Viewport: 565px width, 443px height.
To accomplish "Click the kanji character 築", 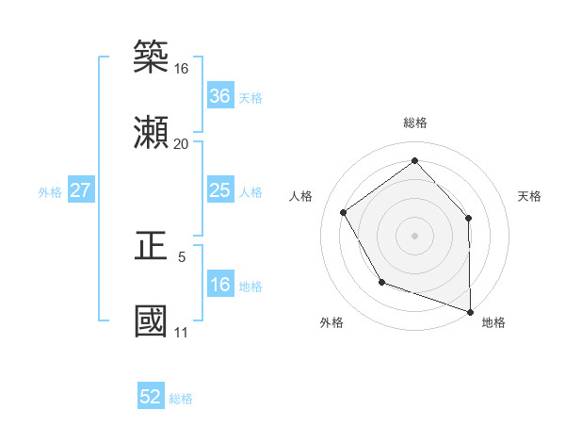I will tap(152, 56).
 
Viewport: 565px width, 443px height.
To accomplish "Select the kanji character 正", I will tap(152, 245).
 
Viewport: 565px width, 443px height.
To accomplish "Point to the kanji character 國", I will tap(152, 320).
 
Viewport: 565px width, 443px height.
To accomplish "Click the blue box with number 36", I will tap(219, 96).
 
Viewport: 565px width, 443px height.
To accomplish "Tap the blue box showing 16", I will tap(219, 286).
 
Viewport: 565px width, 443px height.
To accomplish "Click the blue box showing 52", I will tap(151, 398).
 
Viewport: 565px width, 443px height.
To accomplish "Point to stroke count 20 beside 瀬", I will tap(181, 143).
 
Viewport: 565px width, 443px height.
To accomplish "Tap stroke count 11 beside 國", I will tap(181, 332).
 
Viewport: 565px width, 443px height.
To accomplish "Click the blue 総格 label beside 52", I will tap(181, 399).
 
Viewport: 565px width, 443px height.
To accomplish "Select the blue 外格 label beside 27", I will tap(50, 192).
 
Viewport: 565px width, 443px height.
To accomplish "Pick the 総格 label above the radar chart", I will tap(414, 123).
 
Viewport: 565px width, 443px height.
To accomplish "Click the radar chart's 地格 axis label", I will tap(493, 322).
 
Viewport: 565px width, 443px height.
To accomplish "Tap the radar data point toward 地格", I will tap(470, 310).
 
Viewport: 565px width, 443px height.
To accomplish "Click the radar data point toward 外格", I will tap(381, 282).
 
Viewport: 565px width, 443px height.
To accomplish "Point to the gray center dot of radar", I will tap(414, 235).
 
